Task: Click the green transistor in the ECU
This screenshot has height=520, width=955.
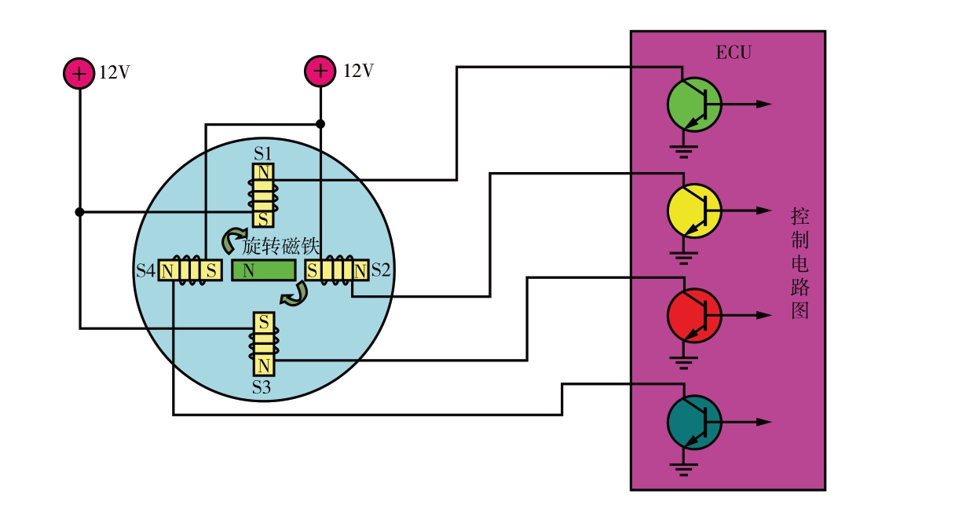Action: pos(693,104)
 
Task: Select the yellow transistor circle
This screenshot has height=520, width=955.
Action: pos(693,211)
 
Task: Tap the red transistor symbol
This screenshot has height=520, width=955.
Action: pos(693,315)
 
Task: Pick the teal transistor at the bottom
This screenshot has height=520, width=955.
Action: pos(693,422)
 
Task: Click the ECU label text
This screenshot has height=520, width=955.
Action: pos(734,53)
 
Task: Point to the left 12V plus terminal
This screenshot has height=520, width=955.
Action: pos(79,73)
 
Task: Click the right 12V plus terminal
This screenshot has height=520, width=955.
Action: pos(320,71)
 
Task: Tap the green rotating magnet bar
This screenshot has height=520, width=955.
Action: pos(263,271)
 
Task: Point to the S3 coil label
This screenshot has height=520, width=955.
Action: pos(262,387)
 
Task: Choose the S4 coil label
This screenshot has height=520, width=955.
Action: pos(145,271)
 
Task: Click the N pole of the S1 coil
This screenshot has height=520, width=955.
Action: pos(263,172)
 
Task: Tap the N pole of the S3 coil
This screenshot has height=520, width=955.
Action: pos(263,366)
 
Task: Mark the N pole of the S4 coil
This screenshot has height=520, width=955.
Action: pos(167,271)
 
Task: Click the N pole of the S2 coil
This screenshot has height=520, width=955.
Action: pos(360,271)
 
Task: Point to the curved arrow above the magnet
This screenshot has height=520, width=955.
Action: pos(232,240)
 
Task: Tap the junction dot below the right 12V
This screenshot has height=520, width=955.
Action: pos(320,124)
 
